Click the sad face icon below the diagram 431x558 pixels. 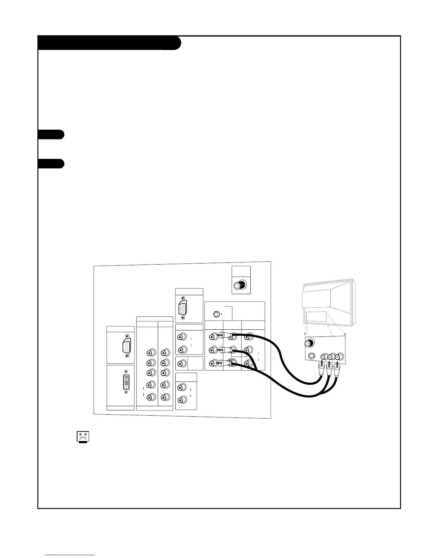point(82,437)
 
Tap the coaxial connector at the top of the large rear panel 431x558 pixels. point(241,285)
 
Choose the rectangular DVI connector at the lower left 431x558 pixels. point(126,383)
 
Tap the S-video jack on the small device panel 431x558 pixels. point(311,356)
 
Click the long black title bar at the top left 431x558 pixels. point(109,43)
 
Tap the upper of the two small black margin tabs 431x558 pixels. point(51,135)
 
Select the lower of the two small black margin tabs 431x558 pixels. point(51,164)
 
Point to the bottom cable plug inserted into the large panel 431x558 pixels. point(225,363)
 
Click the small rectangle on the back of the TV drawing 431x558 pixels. point(316,316)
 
